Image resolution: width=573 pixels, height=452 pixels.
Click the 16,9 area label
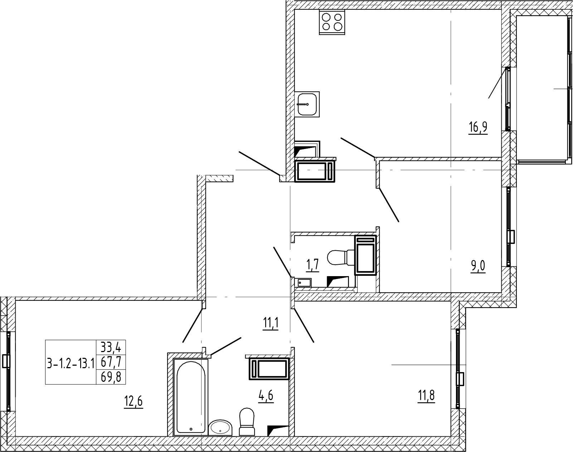[478, 127]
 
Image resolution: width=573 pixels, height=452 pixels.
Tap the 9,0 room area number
[478, 266]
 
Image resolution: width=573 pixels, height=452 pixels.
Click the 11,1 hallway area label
[271, 324]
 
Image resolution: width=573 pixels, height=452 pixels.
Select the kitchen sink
[307, 104]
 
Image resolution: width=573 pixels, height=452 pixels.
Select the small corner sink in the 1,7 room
[305, 282]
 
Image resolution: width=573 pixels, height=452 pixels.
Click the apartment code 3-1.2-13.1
[71, 363]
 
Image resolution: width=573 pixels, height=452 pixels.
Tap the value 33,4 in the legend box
[111, 347]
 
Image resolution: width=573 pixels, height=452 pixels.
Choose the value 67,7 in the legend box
[111, 362]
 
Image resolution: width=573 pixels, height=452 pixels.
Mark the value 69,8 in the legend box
[111, 377]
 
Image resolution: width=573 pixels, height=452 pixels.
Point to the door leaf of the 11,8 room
[304, 326]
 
